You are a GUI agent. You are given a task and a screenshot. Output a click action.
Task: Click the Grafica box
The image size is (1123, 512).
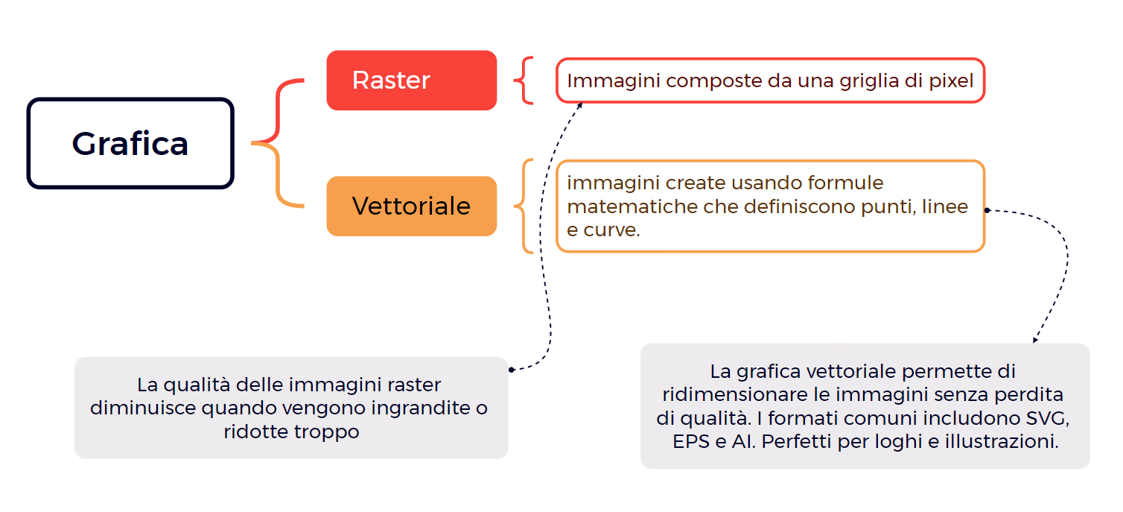(x=130, y=143)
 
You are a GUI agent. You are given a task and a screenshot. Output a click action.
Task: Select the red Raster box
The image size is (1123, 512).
(x=412, y=80)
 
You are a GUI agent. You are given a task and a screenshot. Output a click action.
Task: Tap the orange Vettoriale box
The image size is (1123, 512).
(x=412, y=206)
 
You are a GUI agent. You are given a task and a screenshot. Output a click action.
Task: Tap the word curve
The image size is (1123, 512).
(x=611, y=230)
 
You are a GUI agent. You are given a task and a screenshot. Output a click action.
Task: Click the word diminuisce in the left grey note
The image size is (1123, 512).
(x=143, y=408)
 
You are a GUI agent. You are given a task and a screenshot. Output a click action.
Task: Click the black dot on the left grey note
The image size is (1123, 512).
(x=512, y=370)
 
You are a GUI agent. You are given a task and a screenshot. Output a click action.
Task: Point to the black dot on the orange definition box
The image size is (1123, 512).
(x=987, y=210)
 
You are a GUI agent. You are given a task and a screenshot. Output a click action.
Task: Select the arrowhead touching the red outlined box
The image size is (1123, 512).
(x=579, y=105)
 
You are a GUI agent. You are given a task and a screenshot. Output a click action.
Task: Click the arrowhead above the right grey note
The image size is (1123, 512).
(x=1035, y=340)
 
